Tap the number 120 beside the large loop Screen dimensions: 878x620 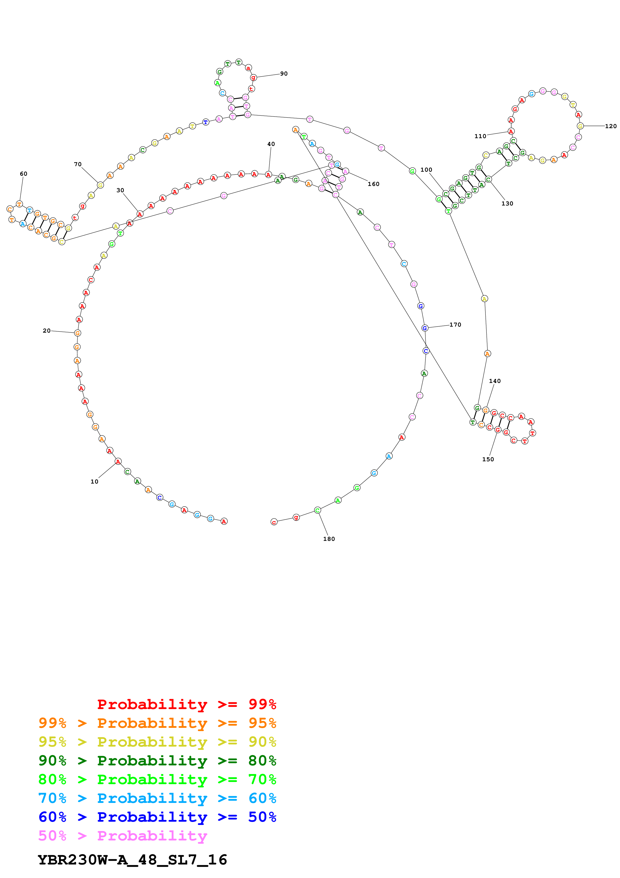pyautogui.click(x=610, y=126)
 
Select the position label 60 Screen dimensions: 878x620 pyautogui.click(x=24, y=174)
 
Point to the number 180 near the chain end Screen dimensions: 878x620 pyautogui.click(x=329, y=539)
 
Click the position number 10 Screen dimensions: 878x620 pyautogui.click(x=94, y=482)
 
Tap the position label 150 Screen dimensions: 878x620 pyautogui.click(x=488, y=459)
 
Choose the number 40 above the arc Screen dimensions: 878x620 pyautogui.click(x=271, y=144)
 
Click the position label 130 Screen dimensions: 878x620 pyautogui.click(x=507, y=203)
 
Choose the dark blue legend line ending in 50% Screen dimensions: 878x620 pyautogui.click(x=157, y=817)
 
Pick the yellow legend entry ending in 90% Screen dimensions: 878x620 pyautogui.click(x=157, y=742)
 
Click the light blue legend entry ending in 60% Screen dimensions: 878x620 pyautogui.click(x=157, y=798)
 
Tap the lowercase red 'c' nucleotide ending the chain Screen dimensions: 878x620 pyautogui.click(x=274, y=522)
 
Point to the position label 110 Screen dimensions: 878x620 pyautogui.click(x=480, y=136)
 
